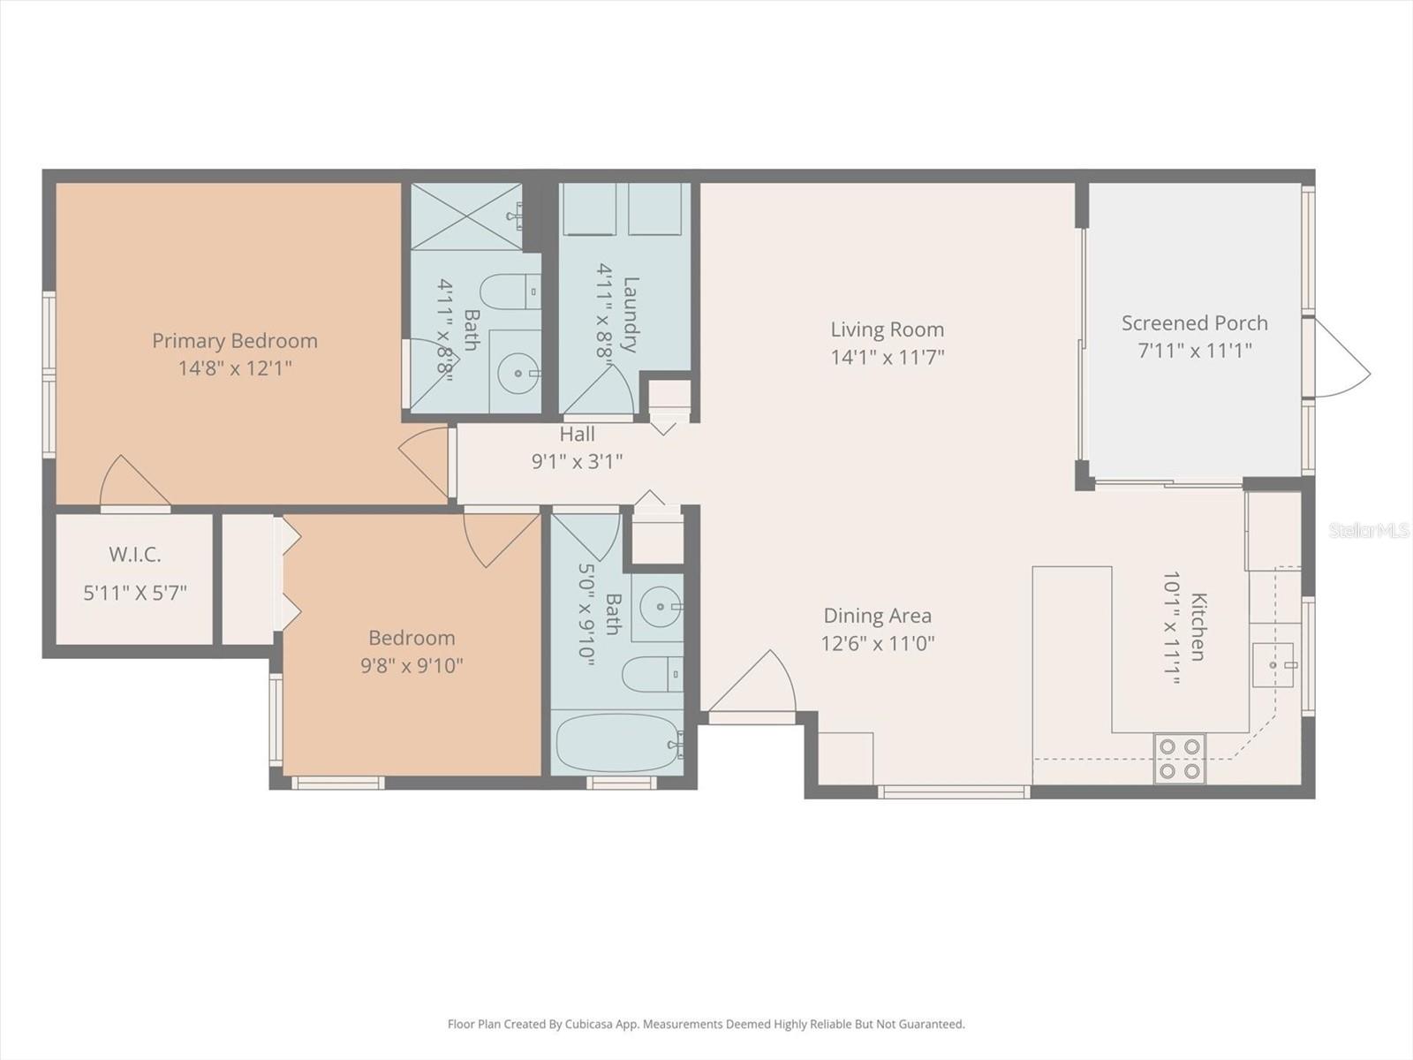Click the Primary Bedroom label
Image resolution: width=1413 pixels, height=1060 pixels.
point(235,340)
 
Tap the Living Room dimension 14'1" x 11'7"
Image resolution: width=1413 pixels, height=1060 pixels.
point(887,357)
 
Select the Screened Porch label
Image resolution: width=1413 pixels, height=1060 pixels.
point(1195,323)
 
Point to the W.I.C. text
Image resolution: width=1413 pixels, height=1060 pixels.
point(134,555)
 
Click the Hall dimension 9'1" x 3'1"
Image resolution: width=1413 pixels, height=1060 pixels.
point(577,461)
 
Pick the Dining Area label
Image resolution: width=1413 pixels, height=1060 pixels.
point(878,616)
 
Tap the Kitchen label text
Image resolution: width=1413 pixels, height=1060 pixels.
point(1198,626)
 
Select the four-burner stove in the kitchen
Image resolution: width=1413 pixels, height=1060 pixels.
point(1179,759)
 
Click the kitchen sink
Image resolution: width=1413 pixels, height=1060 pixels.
point(1273,665)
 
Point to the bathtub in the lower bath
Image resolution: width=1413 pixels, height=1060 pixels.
point(617,744)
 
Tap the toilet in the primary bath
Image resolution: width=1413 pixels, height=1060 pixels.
point(510,292)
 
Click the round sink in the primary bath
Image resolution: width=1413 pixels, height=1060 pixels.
point(518,373)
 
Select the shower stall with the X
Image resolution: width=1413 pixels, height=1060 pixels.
point(466,216)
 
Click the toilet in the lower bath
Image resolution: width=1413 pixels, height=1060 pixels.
point(652,674)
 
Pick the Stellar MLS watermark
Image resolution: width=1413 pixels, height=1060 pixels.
point(1368,530)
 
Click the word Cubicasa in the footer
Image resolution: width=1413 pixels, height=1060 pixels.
point(586,1024)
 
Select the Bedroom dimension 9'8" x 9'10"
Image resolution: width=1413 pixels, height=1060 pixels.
point(412,665)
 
